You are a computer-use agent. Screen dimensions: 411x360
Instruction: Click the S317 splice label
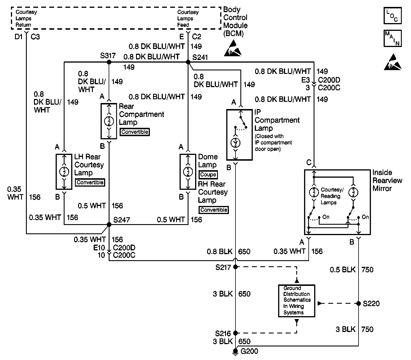click(108, 56)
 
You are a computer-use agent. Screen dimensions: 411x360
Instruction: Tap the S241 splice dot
click(188, 62)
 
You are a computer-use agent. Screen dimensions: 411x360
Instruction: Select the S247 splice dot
click(109, 224)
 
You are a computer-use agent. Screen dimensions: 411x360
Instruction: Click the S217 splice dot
click(235, 267)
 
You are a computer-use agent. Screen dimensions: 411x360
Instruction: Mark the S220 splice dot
click(359, 303)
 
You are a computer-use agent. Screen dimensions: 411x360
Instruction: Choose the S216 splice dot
click(235, 333)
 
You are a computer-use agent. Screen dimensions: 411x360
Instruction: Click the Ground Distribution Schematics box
click(297, 301)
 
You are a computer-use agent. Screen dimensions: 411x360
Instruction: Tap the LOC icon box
click(393, 16)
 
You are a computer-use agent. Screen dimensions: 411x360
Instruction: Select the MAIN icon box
click(393, 38)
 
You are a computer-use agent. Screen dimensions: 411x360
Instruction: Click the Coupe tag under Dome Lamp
click(208, 175)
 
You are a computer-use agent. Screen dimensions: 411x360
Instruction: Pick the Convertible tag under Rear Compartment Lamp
click(135, 132)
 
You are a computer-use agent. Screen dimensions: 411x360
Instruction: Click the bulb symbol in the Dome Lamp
click(188, 172)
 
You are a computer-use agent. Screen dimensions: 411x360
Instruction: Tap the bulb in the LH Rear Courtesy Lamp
click(64, 172)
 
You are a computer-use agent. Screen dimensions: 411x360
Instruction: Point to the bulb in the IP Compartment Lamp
click(235, 143)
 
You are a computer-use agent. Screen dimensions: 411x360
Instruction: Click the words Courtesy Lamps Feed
click(188, 18)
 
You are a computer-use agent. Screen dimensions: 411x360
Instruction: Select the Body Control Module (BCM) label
click(235, 22)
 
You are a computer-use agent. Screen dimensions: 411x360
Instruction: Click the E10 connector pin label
click(99, 247)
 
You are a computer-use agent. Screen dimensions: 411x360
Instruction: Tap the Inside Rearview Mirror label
click(387, 181)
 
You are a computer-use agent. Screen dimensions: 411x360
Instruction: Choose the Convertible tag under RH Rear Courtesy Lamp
click(214, 210)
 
